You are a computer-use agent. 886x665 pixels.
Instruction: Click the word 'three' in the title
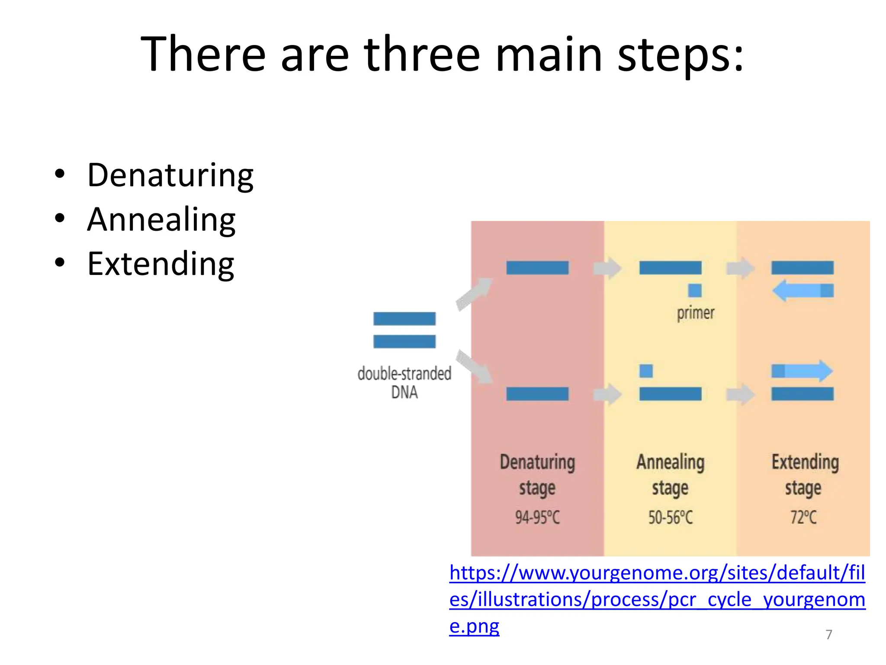click(x=422, y=54)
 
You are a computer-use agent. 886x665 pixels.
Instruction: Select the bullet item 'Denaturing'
click(x=170, y=175)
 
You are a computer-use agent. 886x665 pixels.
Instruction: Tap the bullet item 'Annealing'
click(x=161, y=220)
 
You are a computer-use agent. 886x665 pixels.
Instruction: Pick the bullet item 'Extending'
click(x=161, y=264)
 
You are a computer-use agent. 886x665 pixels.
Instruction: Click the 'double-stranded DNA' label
click(x=404, y=382)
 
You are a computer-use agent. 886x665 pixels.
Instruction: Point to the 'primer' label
click(x=695, y=313)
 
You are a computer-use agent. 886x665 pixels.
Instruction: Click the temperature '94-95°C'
click(x=537, y=517)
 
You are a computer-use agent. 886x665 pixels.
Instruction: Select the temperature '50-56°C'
click(x=670, y=517)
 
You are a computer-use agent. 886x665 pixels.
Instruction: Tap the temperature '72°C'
click(x=803, y=517)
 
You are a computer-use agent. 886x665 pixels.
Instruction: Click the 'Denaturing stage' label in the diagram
click(x=537, y=474)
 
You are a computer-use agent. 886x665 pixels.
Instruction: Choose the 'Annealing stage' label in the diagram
click(x=670, y=474)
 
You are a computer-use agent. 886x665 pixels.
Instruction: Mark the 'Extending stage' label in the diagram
click(x=805, y=474)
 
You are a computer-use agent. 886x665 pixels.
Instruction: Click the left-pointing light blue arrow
click(x=798, y=291)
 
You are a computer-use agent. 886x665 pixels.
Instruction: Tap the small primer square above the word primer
click(x=695, y=291)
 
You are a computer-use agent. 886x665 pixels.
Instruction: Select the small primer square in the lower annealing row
click(x=646, y=371)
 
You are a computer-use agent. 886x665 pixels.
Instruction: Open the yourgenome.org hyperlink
click(x=657, y=599)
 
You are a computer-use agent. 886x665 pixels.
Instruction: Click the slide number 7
click(x=828, y=635)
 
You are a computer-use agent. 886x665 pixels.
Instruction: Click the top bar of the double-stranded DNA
click(x=404, y=319)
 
